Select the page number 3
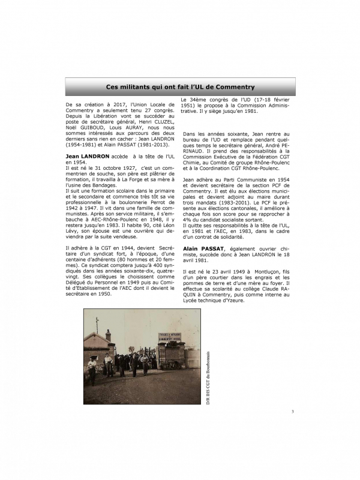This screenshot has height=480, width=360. coord(292,412)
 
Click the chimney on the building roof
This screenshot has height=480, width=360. coord(108,334)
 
